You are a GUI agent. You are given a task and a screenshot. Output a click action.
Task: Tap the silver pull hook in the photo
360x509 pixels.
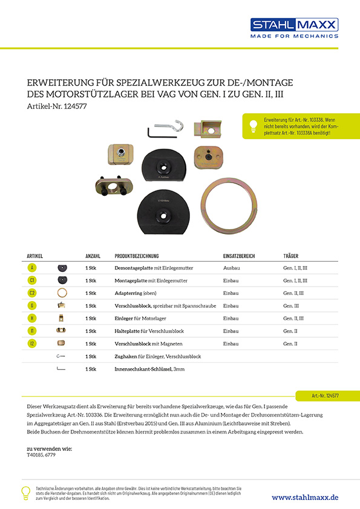(175, 126)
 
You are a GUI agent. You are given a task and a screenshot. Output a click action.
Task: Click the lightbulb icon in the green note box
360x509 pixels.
(253, 125)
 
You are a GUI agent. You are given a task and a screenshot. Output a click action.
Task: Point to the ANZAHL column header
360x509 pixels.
(93, 256)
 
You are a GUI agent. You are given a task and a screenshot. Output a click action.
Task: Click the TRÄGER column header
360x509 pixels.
(291, 256)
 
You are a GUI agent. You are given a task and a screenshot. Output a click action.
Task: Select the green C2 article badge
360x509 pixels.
(32, 293)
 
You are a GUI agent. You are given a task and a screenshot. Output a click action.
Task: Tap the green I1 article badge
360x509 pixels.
(32, 330)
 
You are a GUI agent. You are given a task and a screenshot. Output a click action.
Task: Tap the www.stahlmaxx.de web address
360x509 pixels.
(305, 497)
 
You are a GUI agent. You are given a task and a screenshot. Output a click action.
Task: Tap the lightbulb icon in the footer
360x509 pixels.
(26, 492)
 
